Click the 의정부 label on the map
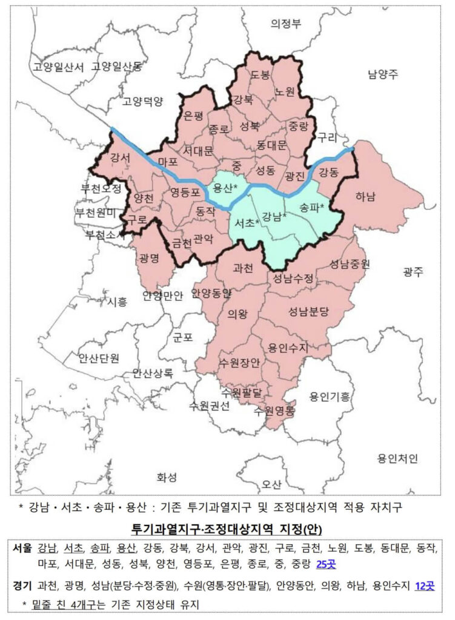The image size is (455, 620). pos(286,24)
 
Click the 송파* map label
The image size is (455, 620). pos(313,207)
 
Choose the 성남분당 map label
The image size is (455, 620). pos(308,311)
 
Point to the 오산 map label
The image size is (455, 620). pos(271,484)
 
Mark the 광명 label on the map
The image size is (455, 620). pos(148,259)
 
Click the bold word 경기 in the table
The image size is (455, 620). pos(22,585)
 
